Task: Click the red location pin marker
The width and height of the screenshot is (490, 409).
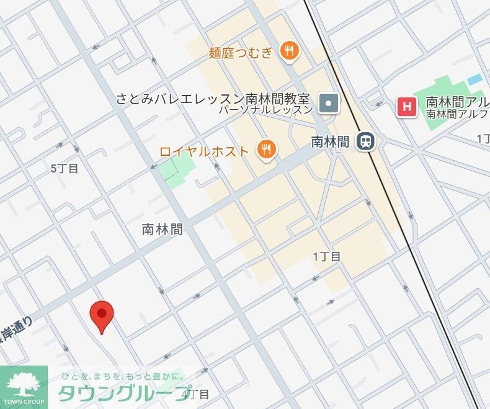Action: click(x=102, y=315)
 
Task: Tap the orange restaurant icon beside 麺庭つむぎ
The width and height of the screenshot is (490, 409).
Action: click(x=288, y=52)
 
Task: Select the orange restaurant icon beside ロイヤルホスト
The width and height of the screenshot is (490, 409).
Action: click(x=267, y=149)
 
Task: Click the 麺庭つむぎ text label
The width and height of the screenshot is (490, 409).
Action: click(x=241, y=52)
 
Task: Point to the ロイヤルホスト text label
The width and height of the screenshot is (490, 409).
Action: click(x=204, y=150)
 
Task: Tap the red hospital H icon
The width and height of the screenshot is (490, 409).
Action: click(x=407, y=107)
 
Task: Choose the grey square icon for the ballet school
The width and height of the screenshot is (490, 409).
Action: click(x=329, y=102)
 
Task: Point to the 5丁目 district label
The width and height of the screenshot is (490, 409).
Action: click(x=65, y=168)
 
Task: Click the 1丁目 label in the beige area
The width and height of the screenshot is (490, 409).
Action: click(x=326, y=256)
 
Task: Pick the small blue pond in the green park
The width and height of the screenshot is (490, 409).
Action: click(x=474, y=79)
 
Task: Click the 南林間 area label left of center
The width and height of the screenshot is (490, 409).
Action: click(x=163, y=229)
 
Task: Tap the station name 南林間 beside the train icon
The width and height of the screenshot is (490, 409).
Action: click(x=330, y=142)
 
